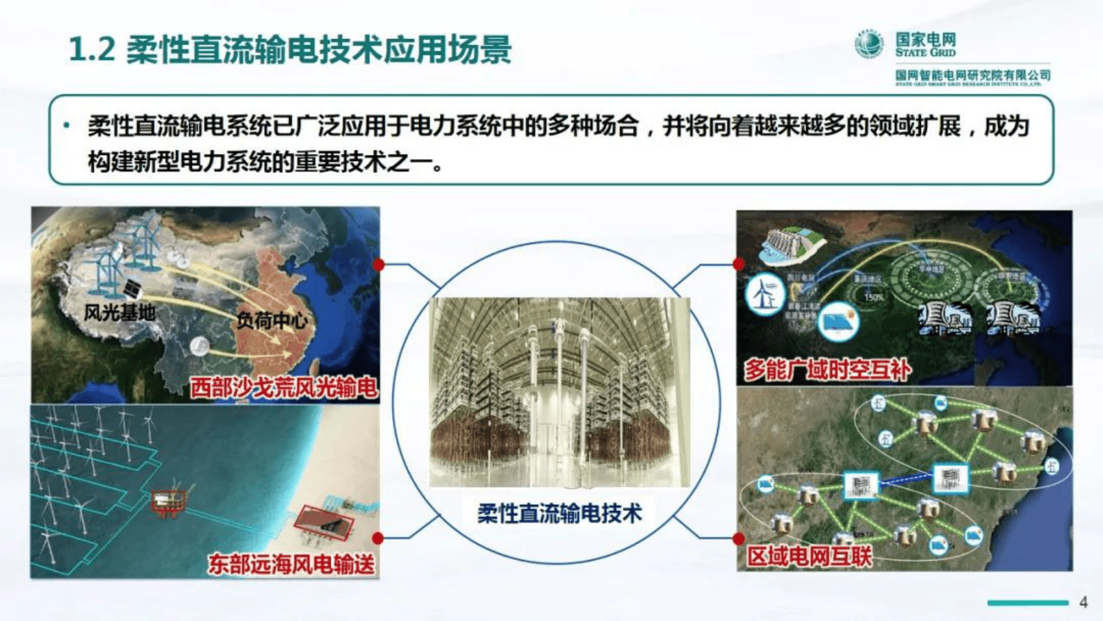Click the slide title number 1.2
[92, 50]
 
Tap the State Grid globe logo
[869, 44]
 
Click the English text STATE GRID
[925, 53]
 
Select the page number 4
[1083, 602]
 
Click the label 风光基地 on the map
[120, 313]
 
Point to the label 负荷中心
[271, 321]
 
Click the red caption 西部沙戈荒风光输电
[284, 388]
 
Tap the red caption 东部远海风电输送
[291, 563]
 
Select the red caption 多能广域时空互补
[827, 370]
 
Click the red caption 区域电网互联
[809, 556]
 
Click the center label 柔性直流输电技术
[559, 514]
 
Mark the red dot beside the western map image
[379, 265]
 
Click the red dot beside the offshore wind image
[378, 538]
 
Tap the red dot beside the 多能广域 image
[739, 264]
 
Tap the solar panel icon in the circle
[838, 322]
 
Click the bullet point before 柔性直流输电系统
[67, 126]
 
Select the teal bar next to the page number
[1027, 602]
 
